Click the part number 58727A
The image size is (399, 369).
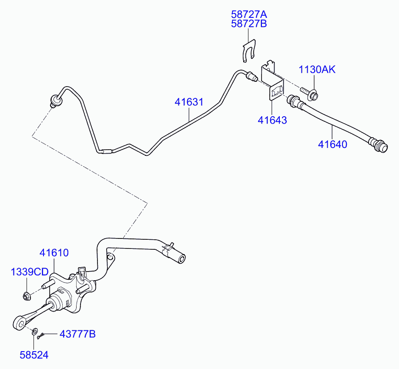[249, 14]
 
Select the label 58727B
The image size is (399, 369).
[249, 23]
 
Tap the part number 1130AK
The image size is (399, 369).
[317, 69]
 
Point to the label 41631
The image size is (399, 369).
[189, 102]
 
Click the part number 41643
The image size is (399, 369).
[272, 120]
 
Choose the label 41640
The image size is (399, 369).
[332, 144]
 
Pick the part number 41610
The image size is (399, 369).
[54, 252]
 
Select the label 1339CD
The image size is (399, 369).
[30, 272]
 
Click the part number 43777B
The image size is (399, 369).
[77, 334]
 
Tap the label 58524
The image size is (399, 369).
[34, 355]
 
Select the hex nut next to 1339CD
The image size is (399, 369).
[26, 297]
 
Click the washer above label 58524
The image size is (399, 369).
[34, 333]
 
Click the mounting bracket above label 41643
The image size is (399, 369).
[272, 81]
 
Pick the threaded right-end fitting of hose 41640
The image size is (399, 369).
[379, 144]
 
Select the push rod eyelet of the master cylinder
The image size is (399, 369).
[19, 323]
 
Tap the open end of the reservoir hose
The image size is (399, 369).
[181, 259]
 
